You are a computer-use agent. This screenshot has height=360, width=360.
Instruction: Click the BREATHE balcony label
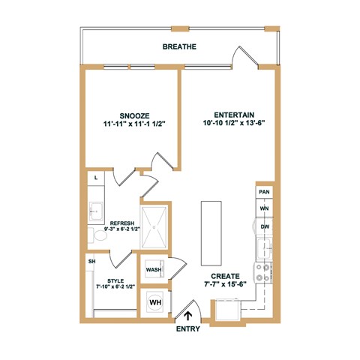pyautogui.click(x=179, y=46)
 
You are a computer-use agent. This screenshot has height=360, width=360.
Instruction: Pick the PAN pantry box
pyautogui.click(x=264, y=192)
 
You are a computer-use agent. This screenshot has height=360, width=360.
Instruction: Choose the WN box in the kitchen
pyautogui.click(x=264, y=208)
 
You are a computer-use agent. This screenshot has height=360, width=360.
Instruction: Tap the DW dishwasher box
pyautogui.click(x=264, y=226)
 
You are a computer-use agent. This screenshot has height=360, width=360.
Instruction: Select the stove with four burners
pyautogui.click(x=264, y=272)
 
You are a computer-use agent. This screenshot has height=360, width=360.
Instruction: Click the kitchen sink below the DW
pyautogui.click(x=264, y=247)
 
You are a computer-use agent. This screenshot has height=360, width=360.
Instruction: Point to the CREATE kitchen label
pyautogui.click(x=225, y=275)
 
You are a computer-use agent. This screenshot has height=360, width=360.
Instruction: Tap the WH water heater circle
pyautogui.click(x=155, y=302)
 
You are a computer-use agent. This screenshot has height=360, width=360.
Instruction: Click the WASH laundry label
pyautogui.click(x=154, y=269)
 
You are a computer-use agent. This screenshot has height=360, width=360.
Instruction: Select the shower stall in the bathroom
pyautogui.click(x=157, y=227)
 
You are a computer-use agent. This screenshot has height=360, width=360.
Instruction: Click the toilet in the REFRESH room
pyautogui.click(x=99, y=235)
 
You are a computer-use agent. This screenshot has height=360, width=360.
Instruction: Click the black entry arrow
pyautogui.click(x=187, y=317)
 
